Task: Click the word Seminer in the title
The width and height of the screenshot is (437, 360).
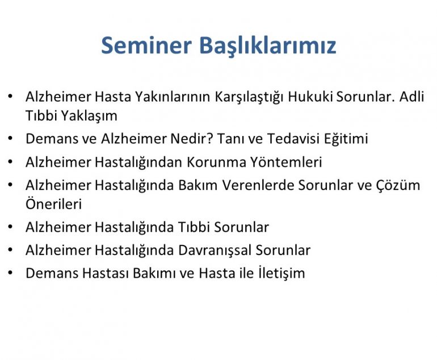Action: [146, 45]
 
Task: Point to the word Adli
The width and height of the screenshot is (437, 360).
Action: [411, 96]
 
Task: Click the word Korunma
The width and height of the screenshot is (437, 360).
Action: [217, 162]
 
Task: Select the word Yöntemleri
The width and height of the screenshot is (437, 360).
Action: [286, 162]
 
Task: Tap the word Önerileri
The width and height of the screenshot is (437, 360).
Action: [54, 204]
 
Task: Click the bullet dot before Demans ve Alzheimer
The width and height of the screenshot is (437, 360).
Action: [11, 138]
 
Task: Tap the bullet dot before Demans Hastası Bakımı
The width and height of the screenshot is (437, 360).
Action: [11, 273]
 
